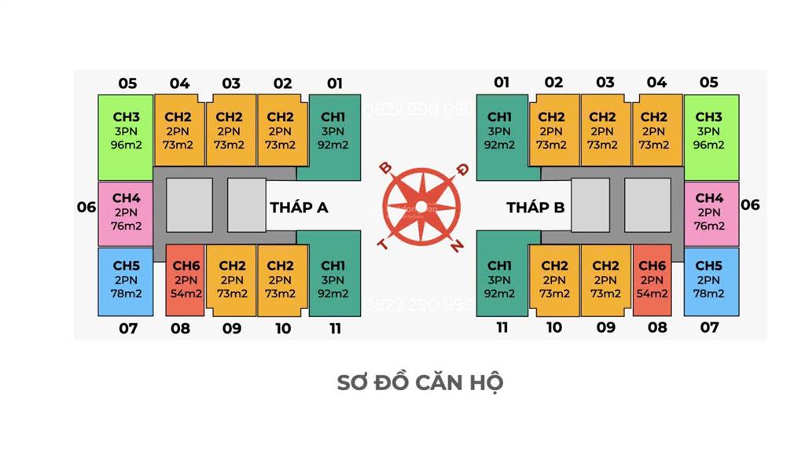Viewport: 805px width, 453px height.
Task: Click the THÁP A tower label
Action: coord(299,207)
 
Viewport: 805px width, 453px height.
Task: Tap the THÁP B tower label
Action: coord(535,207)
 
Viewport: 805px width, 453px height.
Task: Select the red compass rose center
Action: coord(421,207)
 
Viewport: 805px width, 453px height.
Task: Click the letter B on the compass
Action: coord(385,168)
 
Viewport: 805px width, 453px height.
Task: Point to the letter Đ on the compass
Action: coord(462,170)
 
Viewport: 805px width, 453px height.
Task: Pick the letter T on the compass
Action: coord(383,244)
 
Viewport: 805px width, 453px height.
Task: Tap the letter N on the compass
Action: coord(457,246)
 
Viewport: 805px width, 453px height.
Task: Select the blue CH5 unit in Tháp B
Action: coord(711,282)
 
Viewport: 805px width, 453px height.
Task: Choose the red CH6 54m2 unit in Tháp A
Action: coord(186,281)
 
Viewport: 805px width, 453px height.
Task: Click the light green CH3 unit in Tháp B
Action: coord(711,137)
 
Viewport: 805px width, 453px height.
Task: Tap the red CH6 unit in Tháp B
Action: coord(652,281)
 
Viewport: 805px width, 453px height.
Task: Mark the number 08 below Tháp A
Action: coord(180,328)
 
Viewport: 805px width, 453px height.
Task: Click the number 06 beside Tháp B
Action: coord(750,205)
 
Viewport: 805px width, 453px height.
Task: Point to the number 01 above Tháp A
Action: coord(335,83)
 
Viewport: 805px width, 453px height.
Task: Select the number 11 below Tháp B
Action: coord(502,327)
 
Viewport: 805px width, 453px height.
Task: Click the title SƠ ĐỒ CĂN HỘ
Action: coord(420,383)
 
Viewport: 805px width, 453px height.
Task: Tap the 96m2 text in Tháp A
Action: coord(127,145)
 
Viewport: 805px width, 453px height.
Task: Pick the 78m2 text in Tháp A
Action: coord(127,294)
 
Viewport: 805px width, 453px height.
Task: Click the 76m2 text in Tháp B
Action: coord(709,226)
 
